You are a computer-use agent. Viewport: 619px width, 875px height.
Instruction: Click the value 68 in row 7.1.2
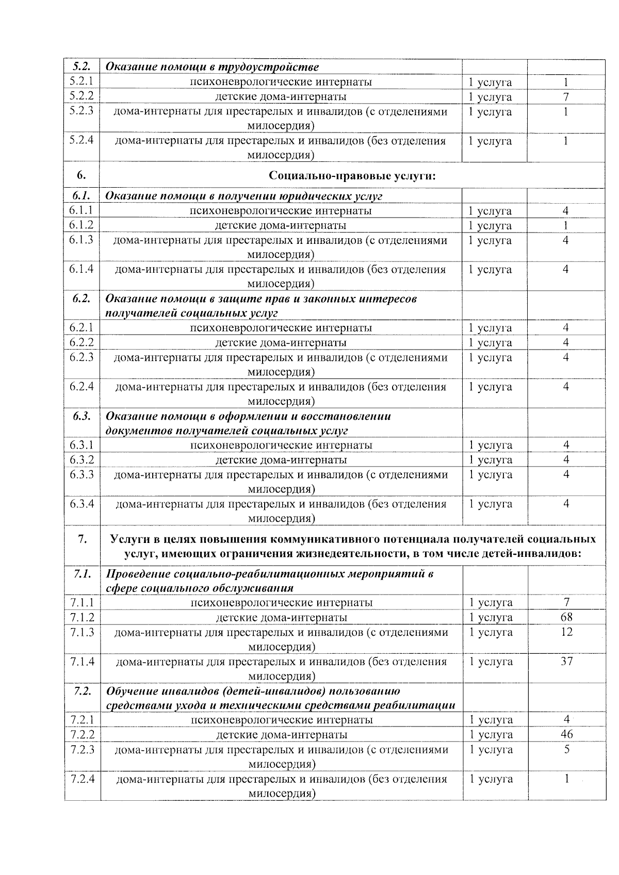[566, 617]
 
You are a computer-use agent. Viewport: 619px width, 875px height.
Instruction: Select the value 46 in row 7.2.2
[566, 734]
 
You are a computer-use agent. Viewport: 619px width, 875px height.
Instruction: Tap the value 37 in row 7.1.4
[566, 661]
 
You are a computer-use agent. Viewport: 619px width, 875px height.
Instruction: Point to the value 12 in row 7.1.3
[566, 632]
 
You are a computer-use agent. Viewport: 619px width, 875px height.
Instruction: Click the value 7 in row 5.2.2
[565, 96]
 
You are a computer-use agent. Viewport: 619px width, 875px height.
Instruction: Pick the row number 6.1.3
[82, 240]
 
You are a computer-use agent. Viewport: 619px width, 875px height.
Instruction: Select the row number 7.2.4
[82, 779]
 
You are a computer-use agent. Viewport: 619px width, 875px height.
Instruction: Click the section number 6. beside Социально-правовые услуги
[82, 175]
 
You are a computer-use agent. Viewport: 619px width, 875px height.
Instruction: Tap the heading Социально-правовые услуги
[352, 176]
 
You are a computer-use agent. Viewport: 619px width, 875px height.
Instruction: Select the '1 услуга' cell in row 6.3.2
[491, 460]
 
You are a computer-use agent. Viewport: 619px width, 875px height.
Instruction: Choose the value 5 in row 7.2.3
[566, 749]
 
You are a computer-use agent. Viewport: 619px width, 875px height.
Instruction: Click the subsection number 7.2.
[82, 690]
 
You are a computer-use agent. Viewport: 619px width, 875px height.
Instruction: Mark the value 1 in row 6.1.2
[565, 225]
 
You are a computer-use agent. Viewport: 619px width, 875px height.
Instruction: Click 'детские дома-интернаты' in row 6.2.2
[281, 342]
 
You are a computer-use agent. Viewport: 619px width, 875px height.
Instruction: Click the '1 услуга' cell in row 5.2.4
[490, 141]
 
